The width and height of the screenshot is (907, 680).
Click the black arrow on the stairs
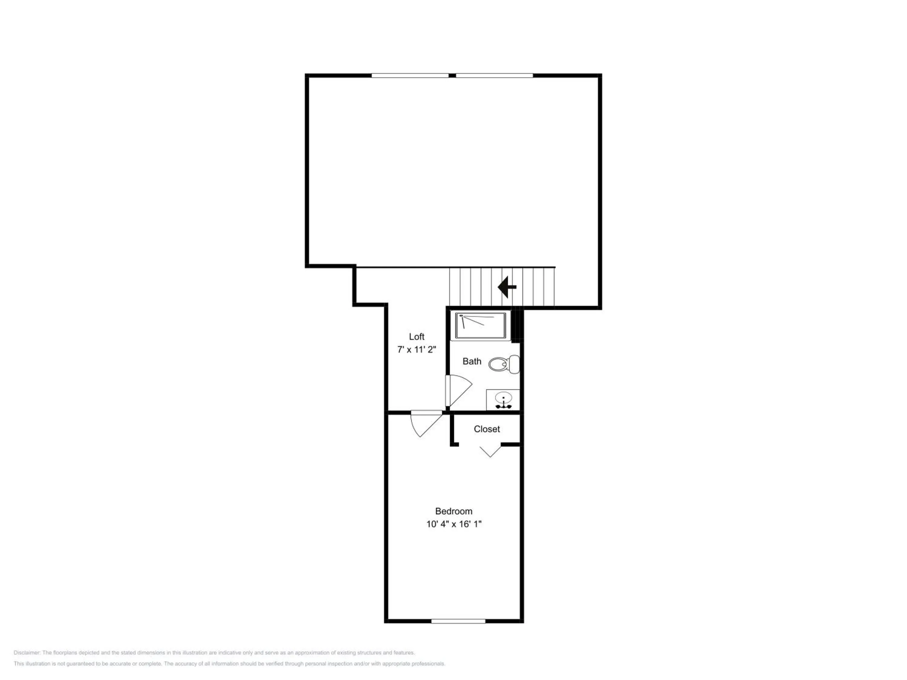point(507,287)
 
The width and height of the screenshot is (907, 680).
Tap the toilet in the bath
point(504,364)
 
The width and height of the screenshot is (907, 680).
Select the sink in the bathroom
point(503,400)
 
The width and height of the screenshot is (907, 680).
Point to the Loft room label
point(417,336)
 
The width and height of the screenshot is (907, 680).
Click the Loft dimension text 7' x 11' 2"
point(417,350)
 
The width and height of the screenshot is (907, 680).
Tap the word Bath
point(472,361)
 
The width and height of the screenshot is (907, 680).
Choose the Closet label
point(487,429)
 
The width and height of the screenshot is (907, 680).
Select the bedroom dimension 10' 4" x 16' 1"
point(454,524)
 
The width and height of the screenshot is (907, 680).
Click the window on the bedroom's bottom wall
point(458,621)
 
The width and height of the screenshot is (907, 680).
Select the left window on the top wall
point(410,76)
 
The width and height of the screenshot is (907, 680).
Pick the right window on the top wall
point(495,76)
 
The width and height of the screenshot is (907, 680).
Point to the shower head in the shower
point(461,316)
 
